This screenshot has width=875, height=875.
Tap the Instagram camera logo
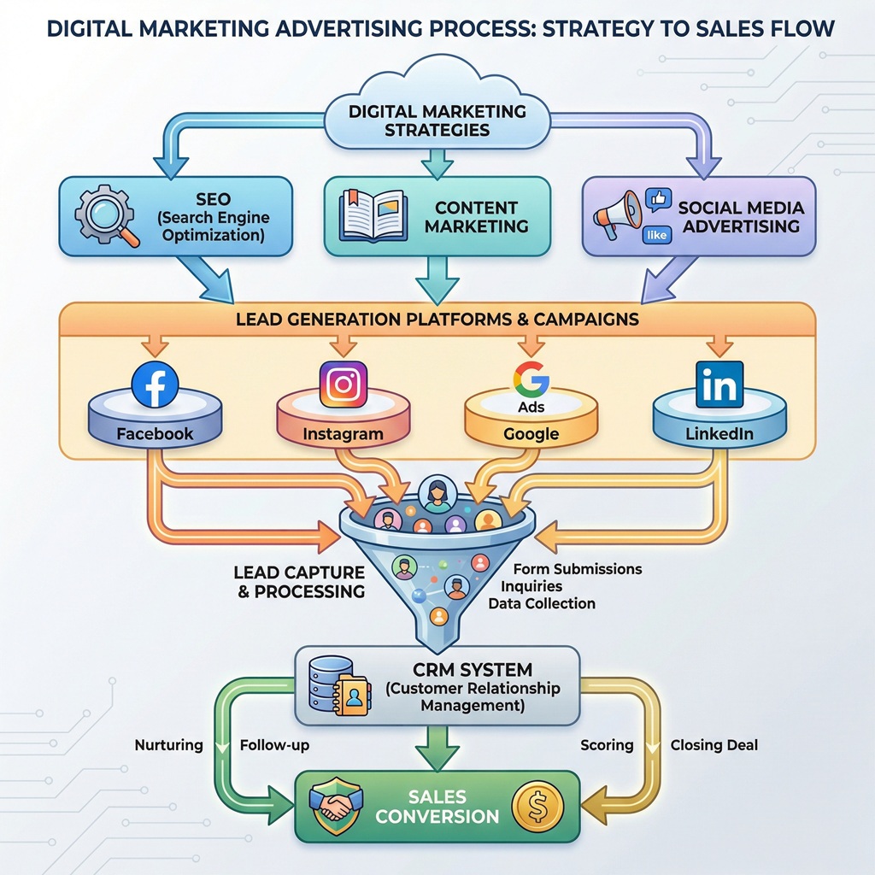[x=343, y=385]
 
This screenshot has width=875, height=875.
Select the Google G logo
[x=531, y=377]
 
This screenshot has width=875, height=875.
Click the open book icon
[x=373, y=214]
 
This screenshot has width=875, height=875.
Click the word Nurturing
[x=169, y=745]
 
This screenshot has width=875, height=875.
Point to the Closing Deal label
[x=714, y=745]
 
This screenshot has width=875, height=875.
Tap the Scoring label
[x=607, y=745]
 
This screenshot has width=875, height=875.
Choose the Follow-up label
[x=274, y=745]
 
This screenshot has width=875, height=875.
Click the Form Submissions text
[x=577, y=569]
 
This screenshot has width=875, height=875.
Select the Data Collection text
[x=542, y=603]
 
